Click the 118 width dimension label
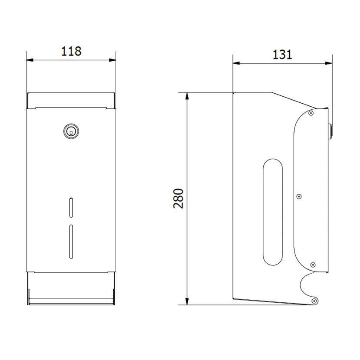(x=71, y=51)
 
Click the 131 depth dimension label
(x=282, y=55)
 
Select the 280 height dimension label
(x=178, y=199)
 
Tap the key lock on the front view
(x=71, y=131)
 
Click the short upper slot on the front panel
(x=71, y=207)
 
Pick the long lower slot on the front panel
(x=71, y=242)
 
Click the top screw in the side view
(x=311, y=113)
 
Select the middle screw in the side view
(x=299, y=196)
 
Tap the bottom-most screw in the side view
(x=314, y=301)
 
